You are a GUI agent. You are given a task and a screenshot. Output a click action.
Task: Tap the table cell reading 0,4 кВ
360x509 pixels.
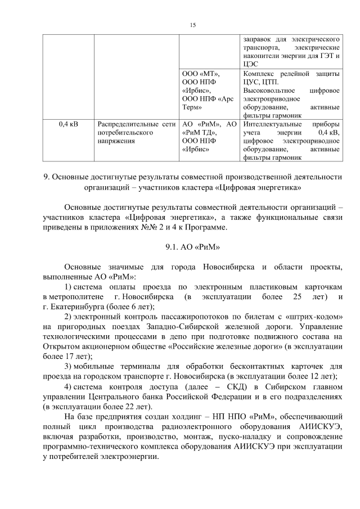67,123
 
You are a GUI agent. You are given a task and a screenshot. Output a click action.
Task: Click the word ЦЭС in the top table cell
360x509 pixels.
250,65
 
